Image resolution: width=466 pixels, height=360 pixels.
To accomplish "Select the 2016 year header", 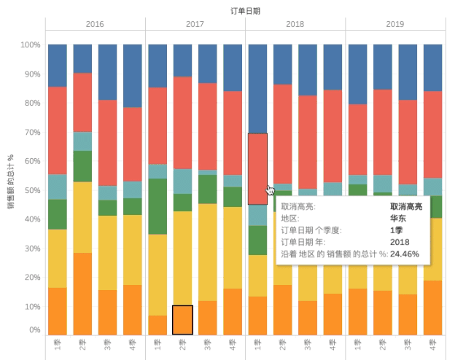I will click(95, 25).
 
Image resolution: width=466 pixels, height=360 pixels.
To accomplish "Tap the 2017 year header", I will click(195, 25).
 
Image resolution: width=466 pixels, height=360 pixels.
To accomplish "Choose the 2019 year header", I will click(395, 25).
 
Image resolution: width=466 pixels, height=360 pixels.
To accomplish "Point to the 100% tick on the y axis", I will click(30, 45).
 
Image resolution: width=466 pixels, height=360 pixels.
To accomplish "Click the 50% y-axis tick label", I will click(31, 190).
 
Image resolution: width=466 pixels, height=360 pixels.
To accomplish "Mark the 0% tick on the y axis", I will click(34, 330).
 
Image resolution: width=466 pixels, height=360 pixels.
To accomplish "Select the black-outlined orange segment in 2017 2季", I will click(182, 320).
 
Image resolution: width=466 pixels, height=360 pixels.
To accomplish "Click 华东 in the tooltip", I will click(399, 218).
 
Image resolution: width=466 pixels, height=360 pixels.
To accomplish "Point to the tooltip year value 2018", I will click(400, 243).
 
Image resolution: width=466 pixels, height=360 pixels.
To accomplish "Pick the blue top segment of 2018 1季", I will click(257, 88).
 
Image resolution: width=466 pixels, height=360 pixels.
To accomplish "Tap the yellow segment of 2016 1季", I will click(57, 259).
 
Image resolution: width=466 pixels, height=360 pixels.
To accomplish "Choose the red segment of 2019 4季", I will click(432, 135).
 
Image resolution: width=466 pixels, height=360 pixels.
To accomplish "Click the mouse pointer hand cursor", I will click(271, 190).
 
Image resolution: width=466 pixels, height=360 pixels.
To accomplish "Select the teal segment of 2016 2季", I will click(82, 141).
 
